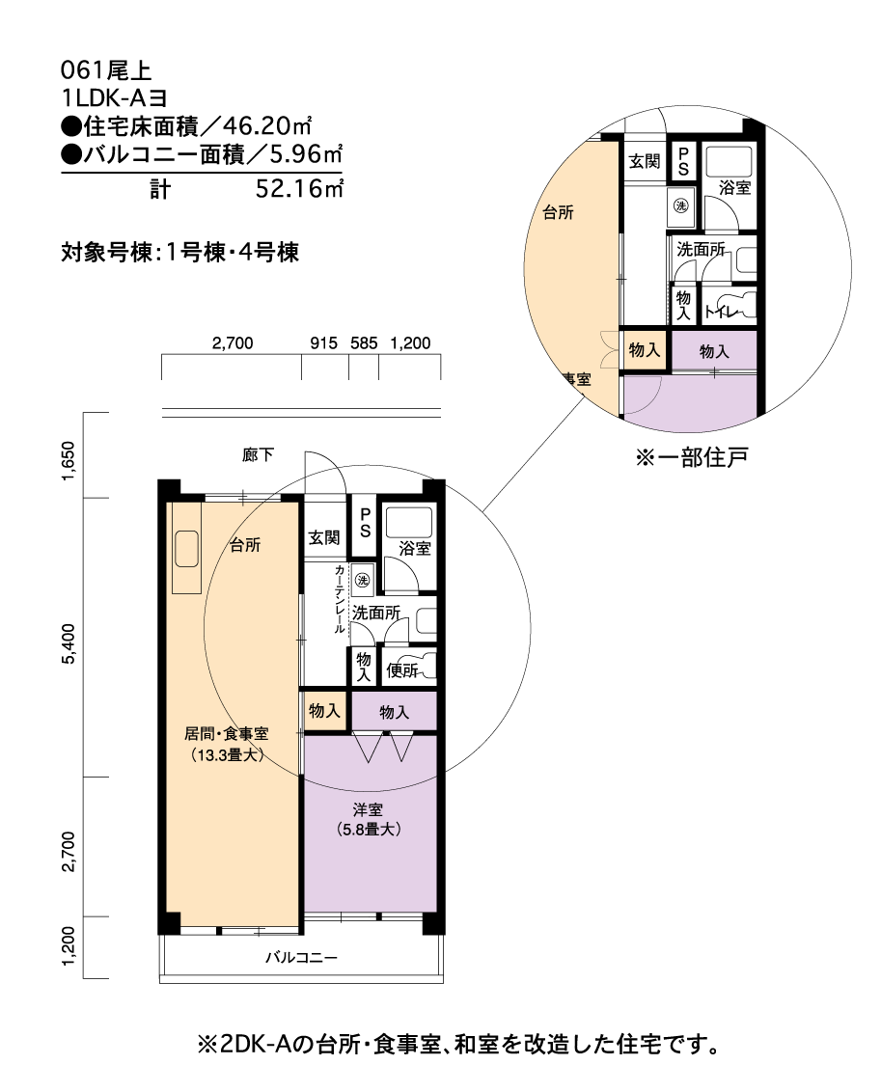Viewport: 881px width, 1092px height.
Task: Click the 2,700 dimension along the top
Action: click(x=232, y=343)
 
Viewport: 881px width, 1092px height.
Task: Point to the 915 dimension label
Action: click(x=324, y=343)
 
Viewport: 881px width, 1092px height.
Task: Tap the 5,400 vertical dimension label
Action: click(x=69, y=643)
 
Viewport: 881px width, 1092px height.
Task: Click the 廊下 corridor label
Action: click(x=258, y=455)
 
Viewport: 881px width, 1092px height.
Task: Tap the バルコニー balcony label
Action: click(x=301, y=958)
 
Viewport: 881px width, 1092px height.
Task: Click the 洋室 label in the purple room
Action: click(x=368, y=810)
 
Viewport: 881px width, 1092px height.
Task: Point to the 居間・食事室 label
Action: click(x=227, y=733)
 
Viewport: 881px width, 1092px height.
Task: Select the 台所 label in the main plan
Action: click(x=245, y=545)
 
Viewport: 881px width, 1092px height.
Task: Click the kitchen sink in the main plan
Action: click(x=186, y=549)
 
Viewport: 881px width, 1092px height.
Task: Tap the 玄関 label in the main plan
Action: click(x=324, y=537)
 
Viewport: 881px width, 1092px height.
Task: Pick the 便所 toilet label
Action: click(x=401, y=670)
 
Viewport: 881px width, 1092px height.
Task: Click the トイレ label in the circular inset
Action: click(x=722, y=312)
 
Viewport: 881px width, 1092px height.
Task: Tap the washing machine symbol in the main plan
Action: click(x=362, y=580)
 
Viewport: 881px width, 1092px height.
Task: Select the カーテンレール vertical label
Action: click(x=340, y=600)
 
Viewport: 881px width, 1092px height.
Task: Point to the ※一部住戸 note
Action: click(x=691, y=457)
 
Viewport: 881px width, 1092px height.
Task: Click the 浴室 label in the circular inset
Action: click(x=734, y=187)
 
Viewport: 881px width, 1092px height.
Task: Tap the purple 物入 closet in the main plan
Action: click(x=395, y=712)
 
